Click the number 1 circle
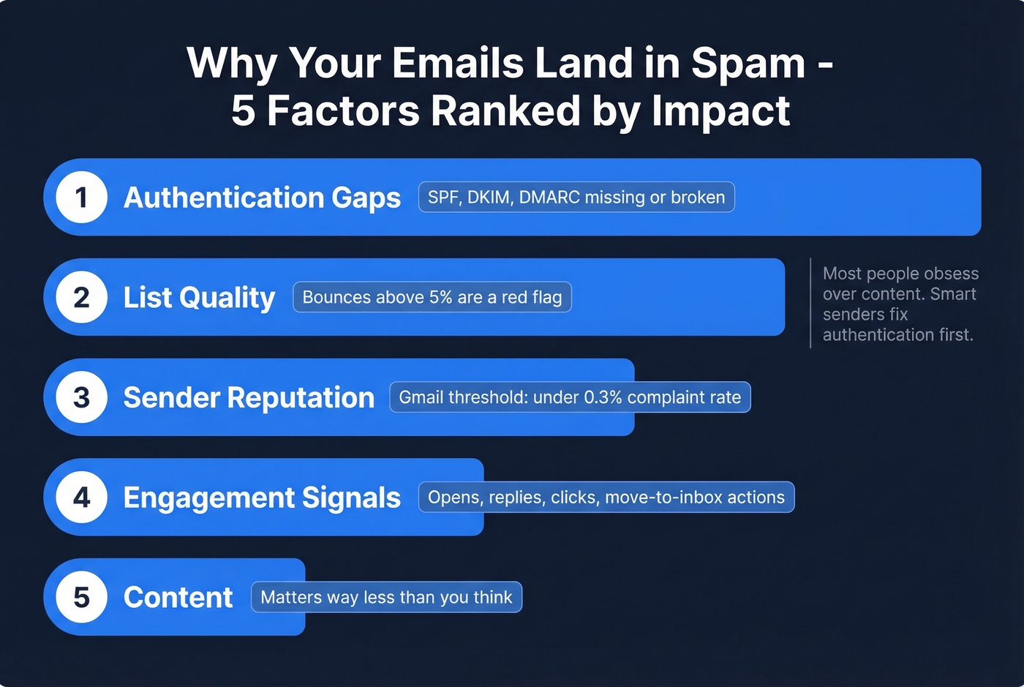click(82, 197)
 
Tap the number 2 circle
click(82, 297)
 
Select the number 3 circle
click(82, 397)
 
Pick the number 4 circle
click(82, 498)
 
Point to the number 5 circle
click(82, 597)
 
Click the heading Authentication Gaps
click(262, 198)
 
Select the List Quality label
click(199, 298)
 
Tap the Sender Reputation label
click(249, 397)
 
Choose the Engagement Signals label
click(262, 498)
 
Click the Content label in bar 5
click(178, 597)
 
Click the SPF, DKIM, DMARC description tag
click(576, 197)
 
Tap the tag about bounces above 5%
click(432, 297)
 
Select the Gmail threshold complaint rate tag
click(570, 397)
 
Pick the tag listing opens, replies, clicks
click(606, 498)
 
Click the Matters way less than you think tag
click(386, 597)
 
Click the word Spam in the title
click(748, 64)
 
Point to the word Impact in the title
click(720, 111)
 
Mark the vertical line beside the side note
click(810, 303)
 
